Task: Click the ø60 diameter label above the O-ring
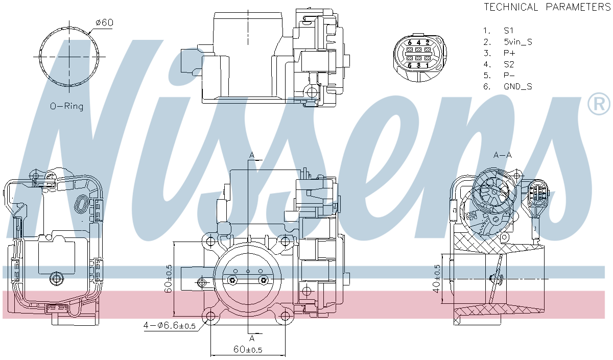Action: [x=104, y=22]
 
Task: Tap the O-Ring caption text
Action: [x=66, y=106]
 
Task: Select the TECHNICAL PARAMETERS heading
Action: [x=547, y=7]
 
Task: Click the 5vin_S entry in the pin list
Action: [x=518, y=42]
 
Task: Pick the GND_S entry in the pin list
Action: [x=518, y=86]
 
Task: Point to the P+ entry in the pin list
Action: [x=509, y=53]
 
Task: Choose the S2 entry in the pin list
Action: [x=509, y=64]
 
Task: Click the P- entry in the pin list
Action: [x=509, y=75]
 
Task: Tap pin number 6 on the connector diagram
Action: [x=410, y=43]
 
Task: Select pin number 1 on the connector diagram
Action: [x=427, y=65]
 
